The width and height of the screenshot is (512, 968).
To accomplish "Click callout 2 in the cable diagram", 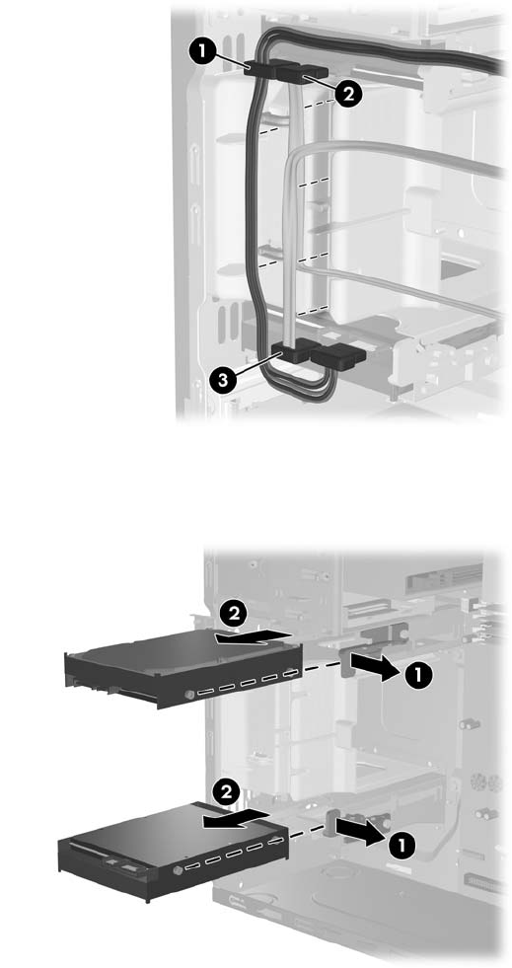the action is [x=348, y=95].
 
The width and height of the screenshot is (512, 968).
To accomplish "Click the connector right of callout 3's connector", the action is [x=338, y=355].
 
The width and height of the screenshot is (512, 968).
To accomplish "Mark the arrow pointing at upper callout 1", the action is [x=372, y=668].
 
